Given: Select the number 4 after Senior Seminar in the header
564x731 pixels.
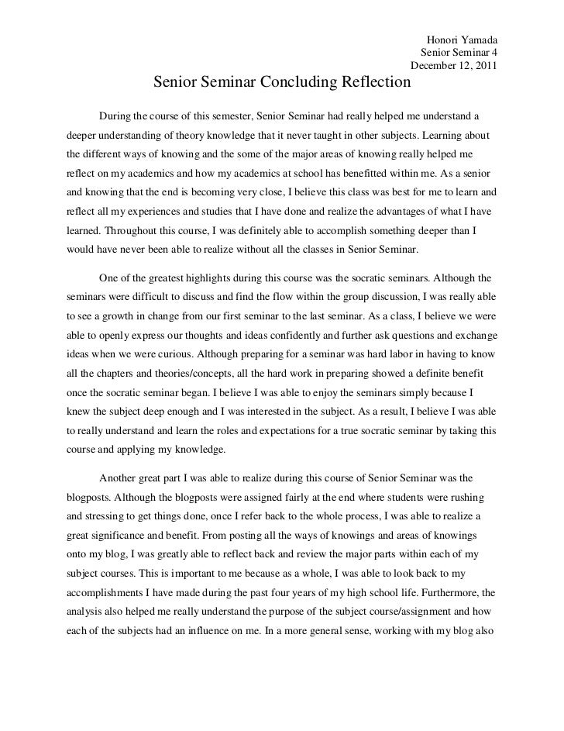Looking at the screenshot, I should pos(493,52).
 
